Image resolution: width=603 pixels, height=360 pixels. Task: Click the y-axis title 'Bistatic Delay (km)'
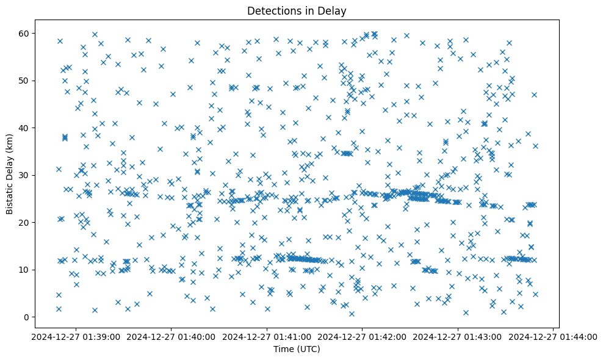10,174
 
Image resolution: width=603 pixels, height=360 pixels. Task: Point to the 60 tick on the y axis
31,33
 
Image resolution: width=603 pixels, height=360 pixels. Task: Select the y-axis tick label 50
31,81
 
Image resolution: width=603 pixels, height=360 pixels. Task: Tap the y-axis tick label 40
31,128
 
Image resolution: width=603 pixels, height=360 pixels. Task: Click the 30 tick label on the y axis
31,175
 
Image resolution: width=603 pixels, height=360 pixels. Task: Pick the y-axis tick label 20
31,223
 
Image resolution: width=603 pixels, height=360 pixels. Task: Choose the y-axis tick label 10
31,270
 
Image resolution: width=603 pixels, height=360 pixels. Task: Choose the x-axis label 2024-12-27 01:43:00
458,336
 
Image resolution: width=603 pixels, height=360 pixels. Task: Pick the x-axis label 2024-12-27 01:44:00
554,336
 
